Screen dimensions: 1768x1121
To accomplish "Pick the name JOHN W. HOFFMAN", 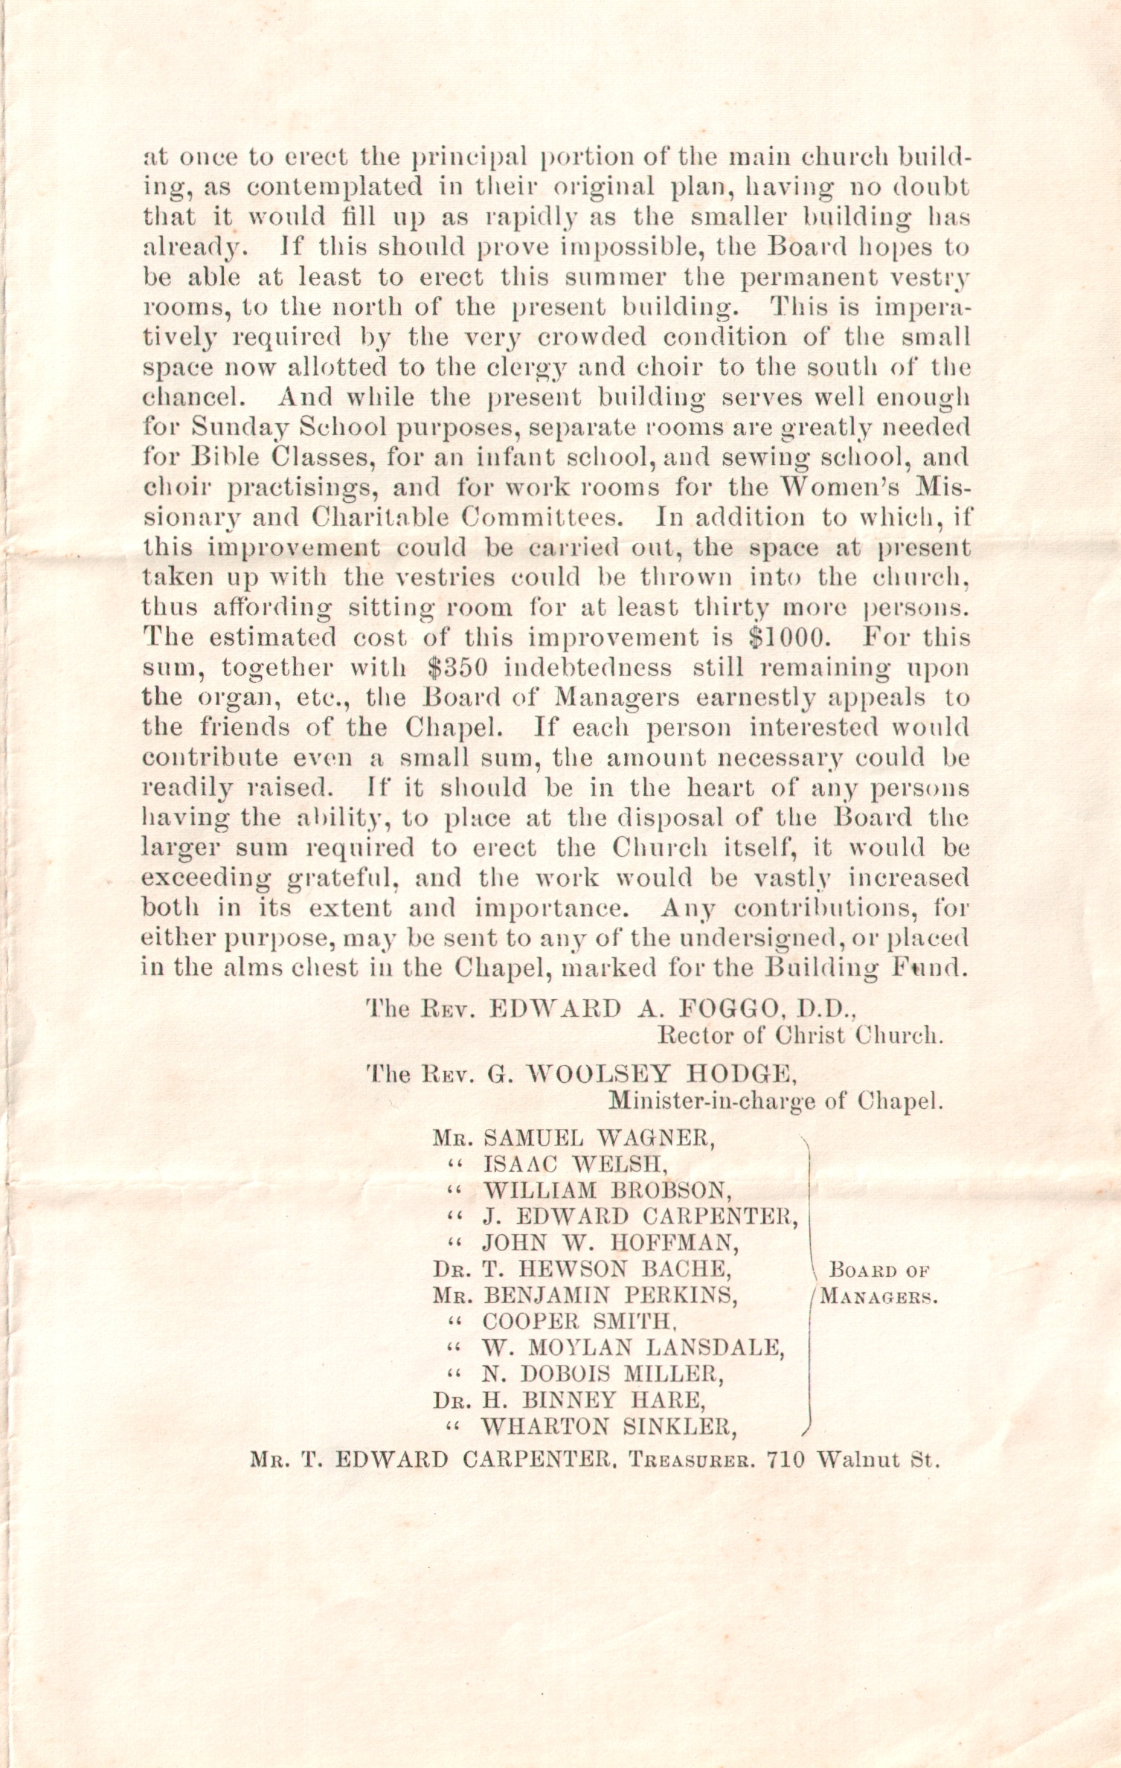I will (x=611, y=1243).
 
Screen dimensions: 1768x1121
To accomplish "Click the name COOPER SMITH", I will (x=579, y=1322).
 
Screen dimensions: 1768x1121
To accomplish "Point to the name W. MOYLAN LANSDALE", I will (x=633, y=1348).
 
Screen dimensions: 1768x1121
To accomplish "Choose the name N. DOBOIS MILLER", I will (x=603, y=1374).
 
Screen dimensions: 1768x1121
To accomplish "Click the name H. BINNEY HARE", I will (x=594, y=1401).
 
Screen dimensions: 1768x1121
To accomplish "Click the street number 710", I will (x=786, y=1459).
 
